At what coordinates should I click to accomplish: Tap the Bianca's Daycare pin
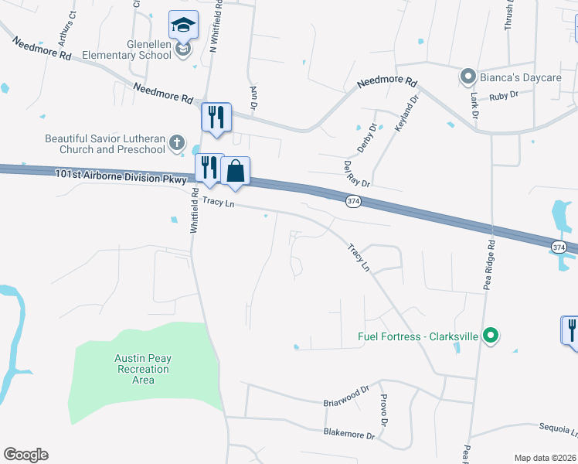click(x=467, y=77)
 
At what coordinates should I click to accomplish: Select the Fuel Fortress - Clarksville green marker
click(x=489, y=336)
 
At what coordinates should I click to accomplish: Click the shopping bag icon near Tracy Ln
click(x=236, y=171)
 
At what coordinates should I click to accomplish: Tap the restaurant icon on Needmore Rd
click(x=216, y=118)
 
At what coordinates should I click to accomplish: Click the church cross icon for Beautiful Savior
click(x=177, y=142)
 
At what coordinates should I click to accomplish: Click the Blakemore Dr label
click(x=348, y=435)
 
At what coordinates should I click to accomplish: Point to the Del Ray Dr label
click(x=357, y=173)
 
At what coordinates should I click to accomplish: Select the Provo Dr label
click(x=382, y=410)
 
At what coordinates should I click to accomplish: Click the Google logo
click(x=25, y=455)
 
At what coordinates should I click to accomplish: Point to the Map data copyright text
click(x=544, y=458)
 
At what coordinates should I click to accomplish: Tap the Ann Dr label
click(x=253, y=97)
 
